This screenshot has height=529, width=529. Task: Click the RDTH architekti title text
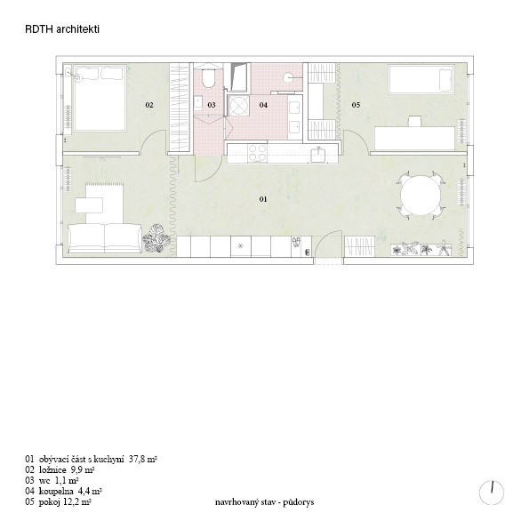(62, 29)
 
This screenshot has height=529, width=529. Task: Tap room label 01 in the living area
(263, 199)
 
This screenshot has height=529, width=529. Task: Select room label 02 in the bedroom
(149, 105)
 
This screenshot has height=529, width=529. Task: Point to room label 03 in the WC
(212, 105)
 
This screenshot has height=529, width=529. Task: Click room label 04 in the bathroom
(263, 105)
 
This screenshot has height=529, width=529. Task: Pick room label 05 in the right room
(356, 105)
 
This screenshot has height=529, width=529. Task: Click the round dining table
(421, 195)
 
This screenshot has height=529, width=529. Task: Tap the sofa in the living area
(105, 238)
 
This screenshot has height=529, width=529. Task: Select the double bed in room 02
(100, 98)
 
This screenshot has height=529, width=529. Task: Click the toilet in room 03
(209, 78)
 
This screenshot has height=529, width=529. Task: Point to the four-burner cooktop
(258, 153)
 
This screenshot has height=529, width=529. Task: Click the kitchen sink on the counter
(318, 156)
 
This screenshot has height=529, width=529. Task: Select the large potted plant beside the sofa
(156, 239)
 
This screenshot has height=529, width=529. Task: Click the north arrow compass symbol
(492, 492)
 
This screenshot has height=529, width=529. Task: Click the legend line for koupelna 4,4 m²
(63, 491)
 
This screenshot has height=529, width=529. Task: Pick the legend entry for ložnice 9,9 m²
(60, 469)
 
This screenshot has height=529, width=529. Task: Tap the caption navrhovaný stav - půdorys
(265, 502)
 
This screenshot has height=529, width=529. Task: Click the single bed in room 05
(421, 79)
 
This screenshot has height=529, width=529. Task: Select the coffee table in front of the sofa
(89, 205)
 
